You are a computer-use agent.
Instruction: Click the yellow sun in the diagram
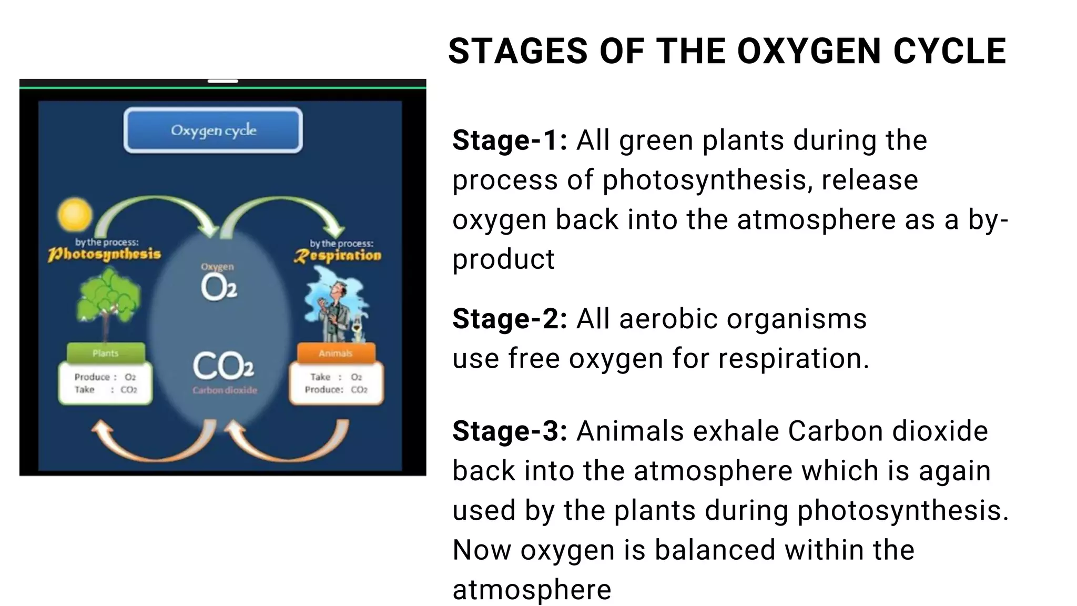pos(75,215)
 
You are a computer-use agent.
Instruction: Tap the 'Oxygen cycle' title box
pos(214,130)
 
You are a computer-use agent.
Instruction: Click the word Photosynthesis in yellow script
pos(104,255)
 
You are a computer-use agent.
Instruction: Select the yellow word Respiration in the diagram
pos(337,256)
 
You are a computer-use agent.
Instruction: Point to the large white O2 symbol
pos(218,287)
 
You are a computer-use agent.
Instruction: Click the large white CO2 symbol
pos(223,366)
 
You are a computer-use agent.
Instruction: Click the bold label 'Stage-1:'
pos(509,140)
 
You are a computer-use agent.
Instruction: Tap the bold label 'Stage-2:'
pos(509,319)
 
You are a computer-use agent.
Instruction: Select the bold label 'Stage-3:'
pos(509,431)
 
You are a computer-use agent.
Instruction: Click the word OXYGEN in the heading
pos(809,52)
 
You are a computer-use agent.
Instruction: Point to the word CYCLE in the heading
pos(950,52)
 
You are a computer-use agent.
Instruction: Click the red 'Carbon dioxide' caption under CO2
pos(225,390)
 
